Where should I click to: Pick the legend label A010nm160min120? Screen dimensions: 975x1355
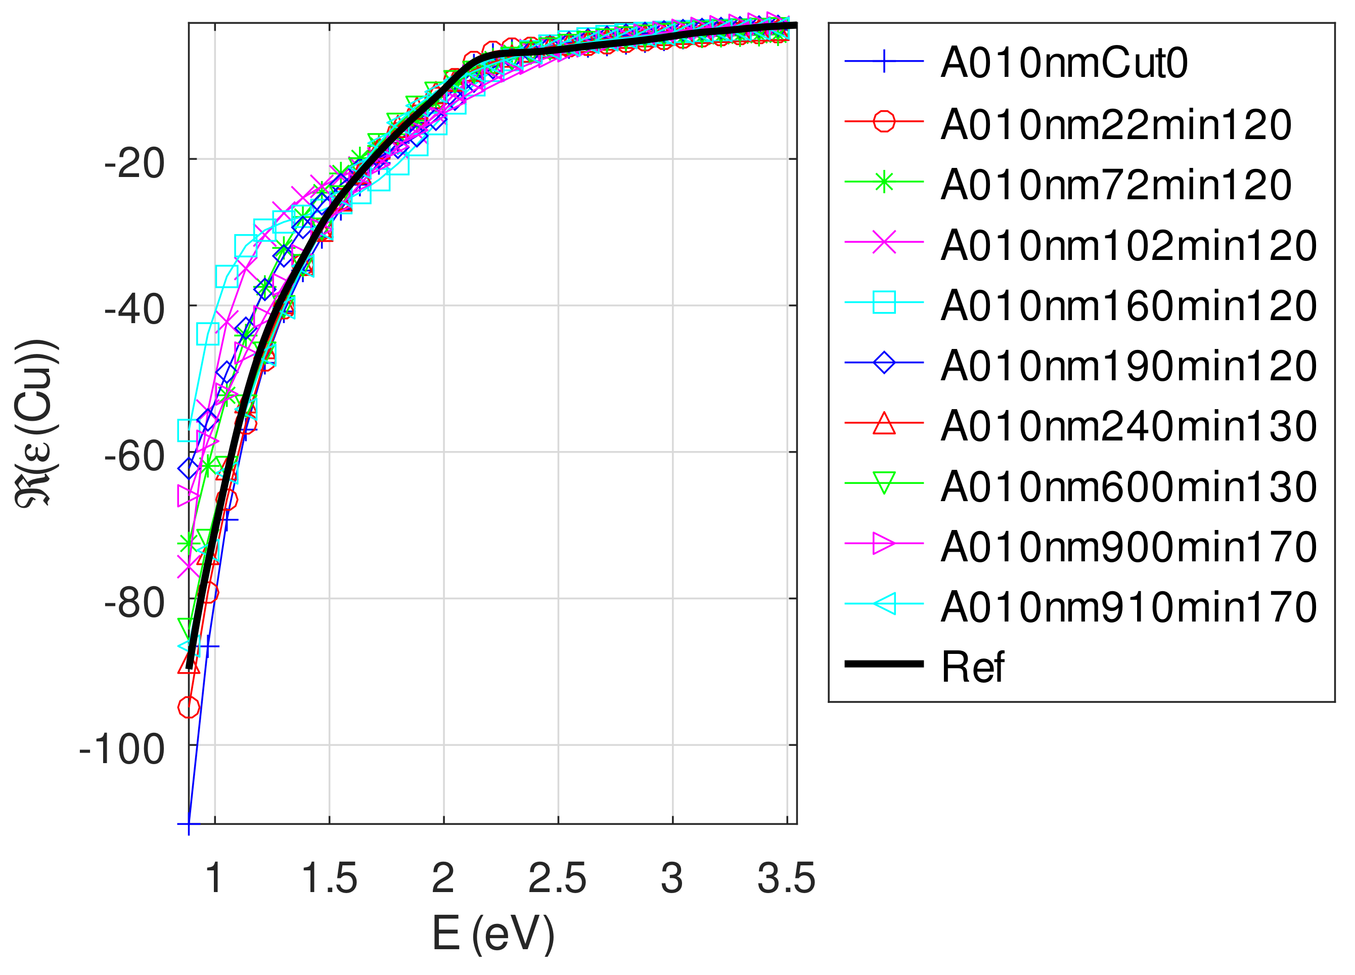1128,306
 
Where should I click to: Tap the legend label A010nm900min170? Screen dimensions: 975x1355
1128,547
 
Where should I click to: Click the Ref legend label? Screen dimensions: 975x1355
972,668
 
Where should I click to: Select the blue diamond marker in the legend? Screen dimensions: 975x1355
884,363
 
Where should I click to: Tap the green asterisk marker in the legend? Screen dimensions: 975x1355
884,182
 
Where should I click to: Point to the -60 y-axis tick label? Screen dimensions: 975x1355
134,457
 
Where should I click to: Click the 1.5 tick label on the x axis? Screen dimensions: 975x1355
329,879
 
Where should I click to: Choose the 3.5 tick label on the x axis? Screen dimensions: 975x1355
786,879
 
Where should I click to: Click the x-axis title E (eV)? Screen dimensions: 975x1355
493,934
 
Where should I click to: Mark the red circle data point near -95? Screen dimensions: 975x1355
189,707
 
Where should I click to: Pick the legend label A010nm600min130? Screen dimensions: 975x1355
1128,486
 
